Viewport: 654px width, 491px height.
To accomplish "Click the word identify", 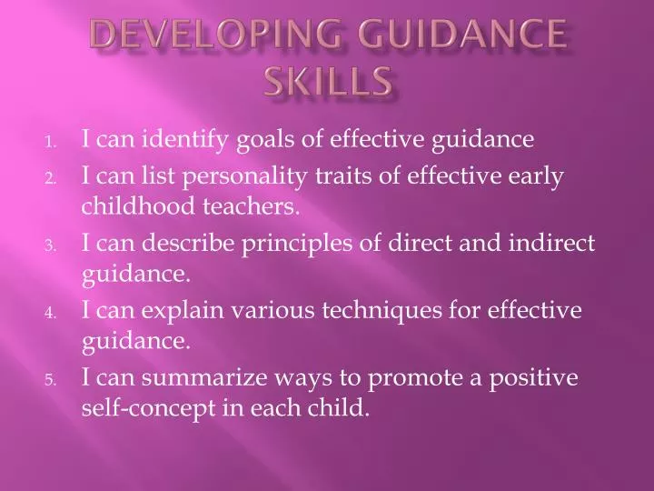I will click(x=196, y=140).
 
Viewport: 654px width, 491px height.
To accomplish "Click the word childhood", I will click(x=134, y=207).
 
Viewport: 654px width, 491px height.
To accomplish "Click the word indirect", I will click(x=548, y=242).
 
